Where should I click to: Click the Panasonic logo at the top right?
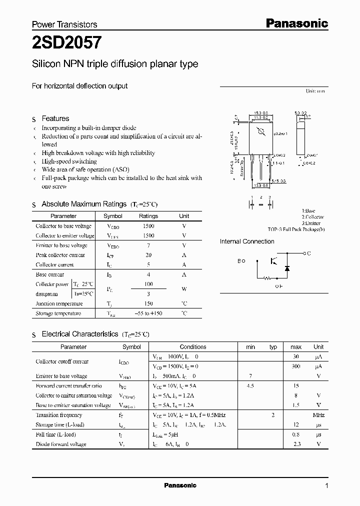(296, 23)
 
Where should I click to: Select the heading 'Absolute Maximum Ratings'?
(83, 204)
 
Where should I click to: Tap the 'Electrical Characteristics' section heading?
(79, 333)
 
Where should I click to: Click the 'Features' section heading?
(55, 118)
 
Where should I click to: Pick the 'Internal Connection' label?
(247, 241)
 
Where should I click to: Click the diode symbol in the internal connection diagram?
(287, 268)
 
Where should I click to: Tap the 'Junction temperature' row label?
(59, 304)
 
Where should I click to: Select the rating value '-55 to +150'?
(148, 313)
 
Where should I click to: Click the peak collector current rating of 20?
(148, 255)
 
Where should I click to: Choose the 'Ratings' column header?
(148, 216)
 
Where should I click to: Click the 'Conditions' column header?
(193, 346)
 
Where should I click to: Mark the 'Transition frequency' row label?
(59, 415)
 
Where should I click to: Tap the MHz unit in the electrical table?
(318, 415)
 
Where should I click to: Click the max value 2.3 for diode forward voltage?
(296, 444)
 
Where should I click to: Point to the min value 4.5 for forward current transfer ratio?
(250, 385)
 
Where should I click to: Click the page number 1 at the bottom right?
(327, 486)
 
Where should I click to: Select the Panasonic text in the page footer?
(180, 485)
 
